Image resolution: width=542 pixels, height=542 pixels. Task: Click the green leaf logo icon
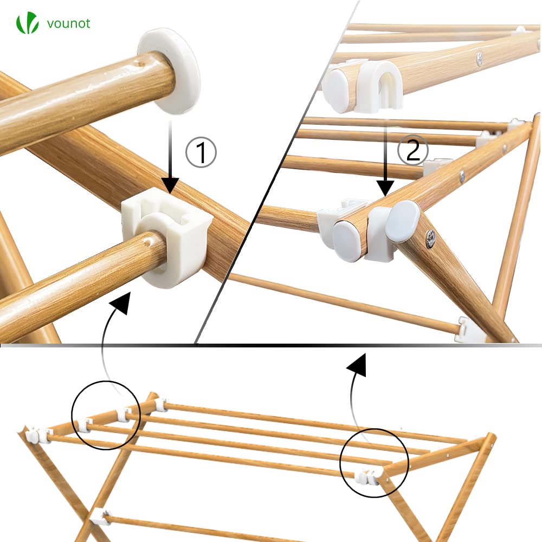(27, 23)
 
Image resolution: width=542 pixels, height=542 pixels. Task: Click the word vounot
(68, 23)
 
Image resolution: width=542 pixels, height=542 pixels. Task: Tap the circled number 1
(201, 152)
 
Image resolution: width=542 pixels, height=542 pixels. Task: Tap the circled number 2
(412, 150)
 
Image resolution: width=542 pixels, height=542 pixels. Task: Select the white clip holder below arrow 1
(167, 238)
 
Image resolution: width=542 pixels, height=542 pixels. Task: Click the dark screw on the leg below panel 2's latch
(431, 238)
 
